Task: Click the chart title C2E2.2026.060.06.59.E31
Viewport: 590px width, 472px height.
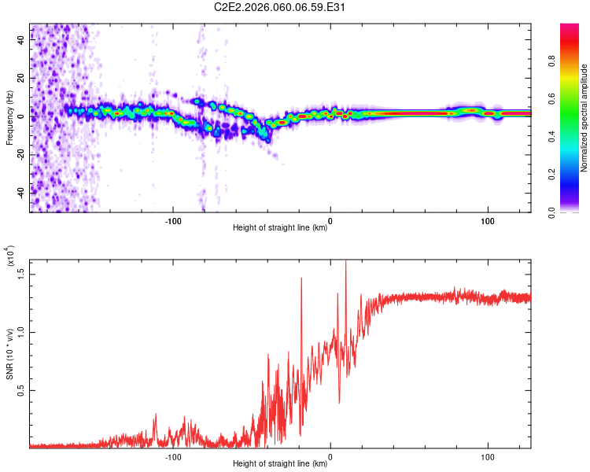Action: click(x=281, y=8)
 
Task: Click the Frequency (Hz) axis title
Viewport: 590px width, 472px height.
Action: click(x=10, y=118)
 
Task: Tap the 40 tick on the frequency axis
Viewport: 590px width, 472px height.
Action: click(x=22, y=41)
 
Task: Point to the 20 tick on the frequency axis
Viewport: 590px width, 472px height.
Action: click(x=22, y=79)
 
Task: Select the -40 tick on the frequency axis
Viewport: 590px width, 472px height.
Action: click(x=22, y=192)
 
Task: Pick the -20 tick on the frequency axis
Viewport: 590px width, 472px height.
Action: click(x=22, y=154)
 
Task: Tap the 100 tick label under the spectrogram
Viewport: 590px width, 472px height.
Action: click(x=487, y=219)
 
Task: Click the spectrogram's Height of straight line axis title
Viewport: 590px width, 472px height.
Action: click(x=280, y=228)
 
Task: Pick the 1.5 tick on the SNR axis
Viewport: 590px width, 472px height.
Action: click(x=22, y=272)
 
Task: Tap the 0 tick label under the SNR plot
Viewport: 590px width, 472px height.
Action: click(x=330, y=455)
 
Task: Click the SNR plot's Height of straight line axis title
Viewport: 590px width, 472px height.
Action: click(x=280, y=464)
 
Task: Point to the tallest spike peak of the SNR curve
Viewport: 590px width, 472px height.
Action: click(x=346, y=262)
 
